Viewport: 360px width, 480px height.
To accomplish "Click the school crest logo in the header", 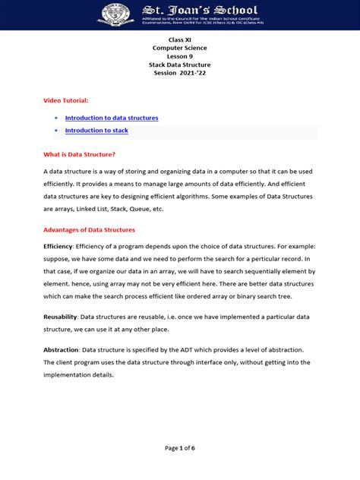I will [x=114, y=14].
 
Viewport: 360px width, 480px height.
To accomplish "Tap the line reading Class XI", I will [x=180, y=39].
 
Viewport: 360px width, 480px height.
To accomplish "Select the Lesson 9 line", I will [x=180, y=57].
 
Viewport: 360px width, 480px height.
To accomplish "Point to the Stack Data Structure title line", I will [x=180, y=66].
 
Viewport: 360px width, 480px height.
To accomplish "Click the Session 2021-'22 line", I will [x=180, y=75].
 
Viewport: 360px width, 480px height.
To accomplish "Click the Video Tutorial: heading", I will [x=66, y=100].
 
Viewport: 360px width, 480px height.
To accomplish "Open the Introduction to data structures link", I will [x=112, y=118].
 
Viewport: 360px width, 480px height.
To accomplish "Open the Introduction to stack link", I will [x=96, y=131].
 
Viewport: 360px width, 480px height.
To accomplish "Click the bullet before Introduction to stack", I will [x=58, y=131].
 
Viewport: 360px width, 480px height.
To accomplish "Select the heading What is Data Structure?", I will [x=79, y=154].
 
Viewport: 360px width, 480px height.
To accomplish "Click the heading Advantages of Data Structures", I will [x=89, y=229].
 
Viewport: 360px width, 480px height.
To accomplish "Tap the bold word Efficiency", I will [x=58, y=247].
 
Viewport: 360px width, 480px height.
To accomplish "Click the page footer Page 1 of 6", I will [x=180, y=448].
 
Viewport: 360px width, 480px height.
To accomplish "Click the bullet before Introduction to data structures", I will [x=58, y=118].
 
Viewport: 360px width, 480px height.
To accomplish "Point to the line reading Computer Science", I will [x=180, y=48].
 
